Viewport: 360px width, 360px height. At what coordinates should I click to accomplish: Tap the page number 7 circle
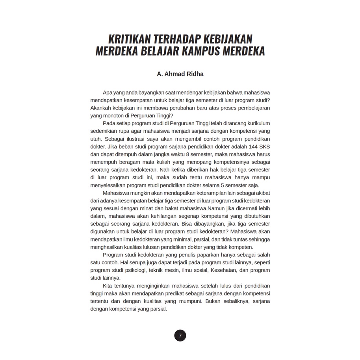click(x=180, y=336)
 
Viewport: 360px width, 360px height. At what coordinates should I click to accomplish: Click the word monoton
click(x=112, y=116)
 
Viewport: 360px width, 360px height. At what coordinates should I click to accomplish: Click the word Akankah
click(x=100, y=108)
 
